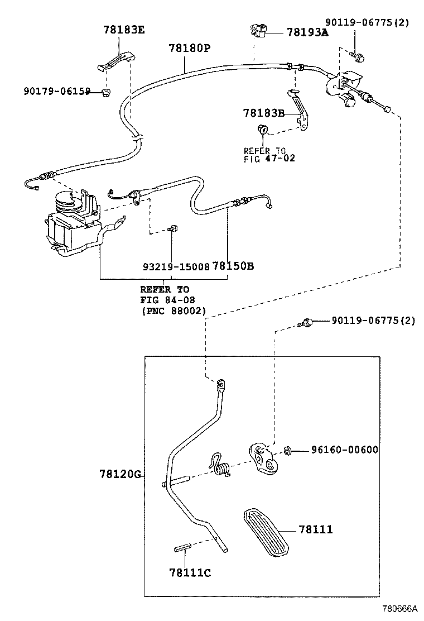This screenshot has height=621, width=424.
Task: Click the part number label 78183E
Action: pos(123,30)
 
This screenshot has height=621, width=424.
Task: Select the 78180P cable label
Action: pos(189,49)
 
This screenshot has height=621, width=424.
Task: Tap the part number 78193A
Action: pos(307,33)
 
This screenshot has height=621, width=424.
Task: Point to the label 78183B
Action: pos(264,113)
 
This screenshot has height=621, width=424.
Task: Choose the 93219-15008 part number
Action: pos(175,266)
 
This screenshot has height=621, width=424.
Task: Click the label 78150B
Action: pos(233,266)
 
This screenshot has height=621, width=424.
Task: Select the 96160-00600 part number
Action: pos(344,450)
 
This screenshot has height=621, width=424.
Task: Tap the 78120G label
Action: pos(120,475)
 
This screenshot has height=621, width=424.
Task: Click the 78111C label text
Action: pos(190,572)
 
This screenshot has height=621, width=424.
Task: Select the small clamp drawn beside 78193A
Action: pos(259,31)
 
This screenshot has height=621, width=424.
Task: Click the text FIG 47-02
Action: pos(269,158)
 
